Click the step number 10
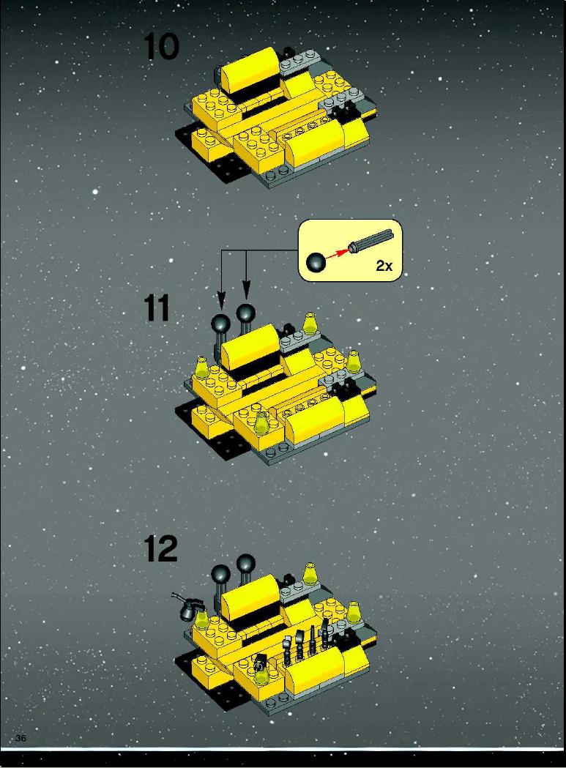coord(161,48)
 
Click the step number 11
coord(157,308)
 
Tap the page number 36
coord(21,738)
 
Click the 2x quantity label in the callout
coord(384,266)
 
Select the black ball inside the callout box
coord(316,262)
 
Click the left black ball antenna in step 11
coord(220,324)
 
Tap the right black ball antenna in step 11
coord(245,313)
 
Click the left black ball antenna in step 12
coord(220,575)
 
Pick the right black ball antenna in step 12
coord(245,564)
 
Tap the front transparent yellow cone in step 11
coord(262,423)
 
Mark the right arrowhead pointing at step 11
coord(246,290)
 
